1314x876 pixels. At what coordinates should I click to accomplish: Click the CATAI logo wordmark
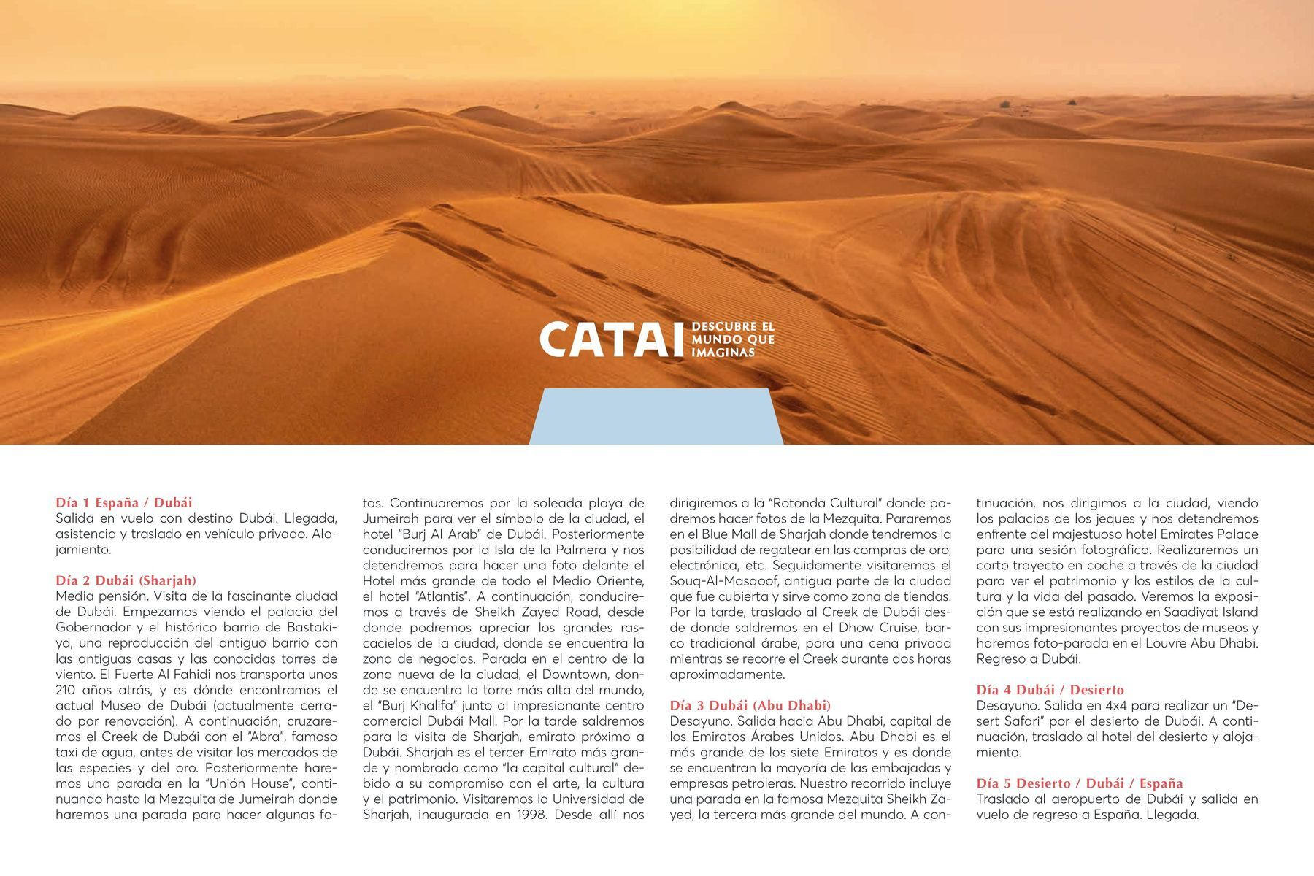click(612, 340)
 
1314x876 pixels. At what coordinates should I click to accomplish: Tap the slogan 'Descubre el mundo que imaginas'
click(732, 340)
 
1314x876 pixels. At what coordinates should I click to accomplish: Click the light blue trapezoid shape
click(656, 417)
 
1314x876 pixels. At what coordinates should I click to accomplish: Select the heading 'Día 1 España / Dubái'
click(124, 502)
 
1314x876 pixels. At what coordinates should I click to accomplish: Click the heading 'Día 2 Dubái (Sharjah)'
click(126, 580)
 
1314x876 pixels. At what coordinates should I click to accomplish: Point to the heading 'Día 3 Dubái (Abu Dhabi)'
click(750, 705)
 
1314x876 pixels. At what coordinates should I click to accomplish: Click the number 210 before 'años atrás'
click(68, 690)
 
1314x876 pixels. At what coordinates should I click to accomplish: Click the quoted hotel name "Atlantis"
click(445, 596)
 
